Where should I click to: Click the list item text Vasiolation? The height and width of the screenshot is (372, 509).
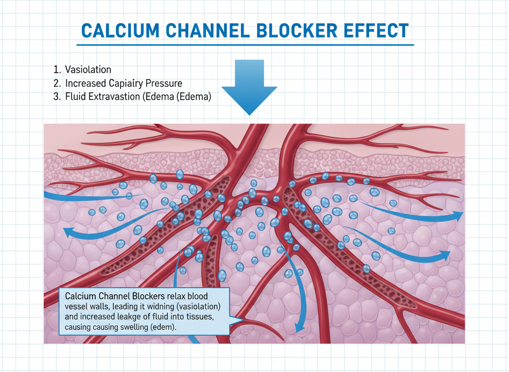point(88,70)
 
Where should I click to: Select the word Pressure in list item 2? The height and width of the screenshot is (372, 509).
point(163,83)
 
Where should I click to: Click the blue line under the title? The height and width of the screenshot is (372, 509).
point(245,44)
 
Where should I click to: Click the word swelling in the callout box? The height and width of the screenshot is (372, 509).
point(130,328)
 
